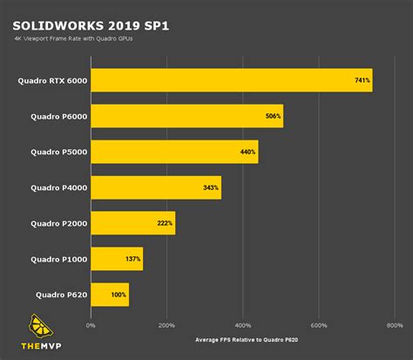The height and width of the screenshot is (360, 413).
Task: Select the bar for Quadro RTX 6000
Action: pos(231,80)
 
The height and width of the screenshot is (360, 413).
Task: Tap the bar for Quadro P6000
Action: pos(186,116)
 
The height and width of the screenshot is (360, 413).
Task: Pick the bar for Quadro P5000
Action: pos(174,152)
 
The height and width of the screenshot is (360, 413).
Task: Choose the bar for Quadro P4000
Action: pos(156,187)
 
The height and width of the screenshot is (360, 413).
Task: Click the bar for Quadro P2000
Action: pos(132,223)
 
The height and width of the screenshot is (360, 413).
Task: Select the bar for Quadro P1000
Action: pos(117,259)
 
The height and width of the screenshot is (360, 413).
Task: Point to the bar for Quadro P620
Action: pos(110,295)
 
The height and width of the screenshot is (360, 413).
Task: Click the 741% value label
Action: pos(362,80)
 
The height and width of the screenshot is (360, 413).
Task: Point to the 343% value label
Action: pos(212,187)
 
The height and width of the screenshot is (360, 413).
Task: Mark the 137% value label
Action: pos(133,259)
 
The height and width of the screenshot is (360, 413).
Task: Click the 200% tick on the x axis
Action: pos(166,325)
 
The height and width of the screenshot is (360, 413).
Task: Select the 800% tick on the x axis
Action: pos(395,325)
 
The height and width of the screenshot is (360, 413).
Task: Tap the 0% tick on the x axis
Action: pos(91,325)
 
